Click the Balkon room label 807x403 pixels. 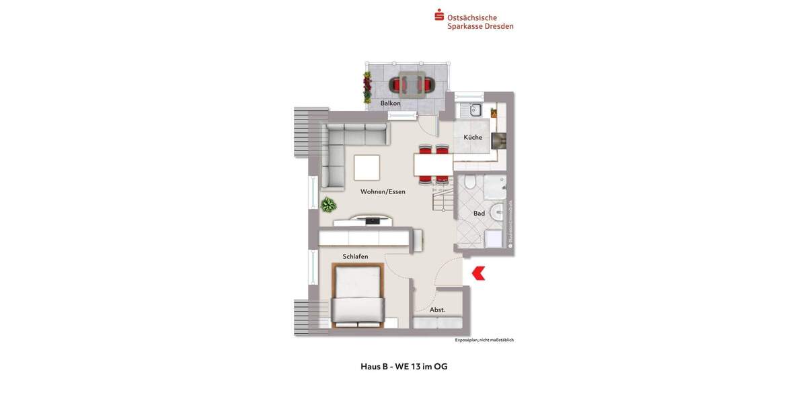point(390,103)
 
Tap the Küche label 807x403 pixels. point(473,138)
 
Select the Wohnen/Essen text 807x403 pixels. point(383,191)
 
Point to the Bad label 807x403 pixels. point(479,214)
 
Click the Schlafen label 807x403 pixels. point(355,257)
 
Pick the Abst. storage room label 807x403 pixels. point(438,310)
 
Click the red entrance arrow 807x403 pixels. point(479,273)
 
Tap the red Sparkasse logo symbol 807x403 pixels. point(439,15)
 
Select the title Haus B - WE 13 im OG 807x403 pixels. point(403,367)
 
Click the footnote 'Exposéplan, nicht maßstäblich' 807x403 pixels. point(484,340)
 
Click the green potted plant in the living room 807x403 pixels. point(328,204)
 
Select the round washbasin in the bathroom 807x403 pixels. point(497,212)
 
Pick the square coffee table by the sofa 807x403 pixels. point(367,167)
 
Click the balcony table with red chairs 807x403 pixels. point(412,85)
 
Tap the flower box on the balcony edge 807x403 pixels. point(367,87)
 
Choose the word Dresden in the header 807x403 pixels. point(499,26)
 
